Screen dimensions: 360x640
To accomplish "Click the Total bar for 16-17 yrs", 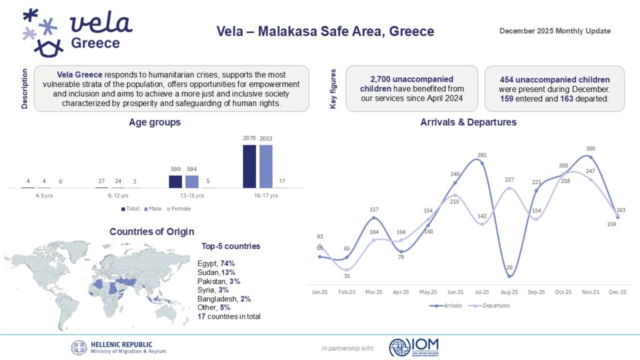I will tap(249, 166).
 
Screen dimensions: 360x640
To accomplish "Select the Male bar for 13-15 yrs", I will tap(192, 181).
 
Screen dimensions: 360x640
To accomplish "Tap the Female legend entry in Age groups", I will tap(179, 209).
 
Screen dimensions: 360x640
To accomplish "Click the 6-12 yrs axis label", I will tap(110, 195).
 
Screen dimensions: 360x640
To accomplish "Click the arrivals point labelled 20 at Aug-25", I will tap(510, 276).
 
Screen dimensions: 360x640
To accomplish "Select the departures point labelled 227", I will tap(510, 188).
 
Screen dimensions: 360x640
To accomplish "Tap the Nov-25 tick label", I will tap(591, 292).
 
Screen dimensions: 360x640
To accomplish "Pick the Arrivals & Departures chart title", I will tap(468, 122).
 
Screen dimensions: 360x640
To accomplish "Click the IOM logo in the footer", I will tap(414, 347).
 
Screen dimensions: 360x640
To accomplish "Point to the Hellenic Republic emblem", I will tap(79, 347).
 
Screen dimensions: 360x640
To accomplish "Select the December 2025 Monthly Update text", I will tap(555, 31).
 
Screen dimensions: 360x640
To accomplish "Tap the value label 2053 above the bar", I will tap(266, 138).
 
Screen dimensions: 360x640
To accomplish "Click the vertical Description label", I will tap(25, 89).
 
